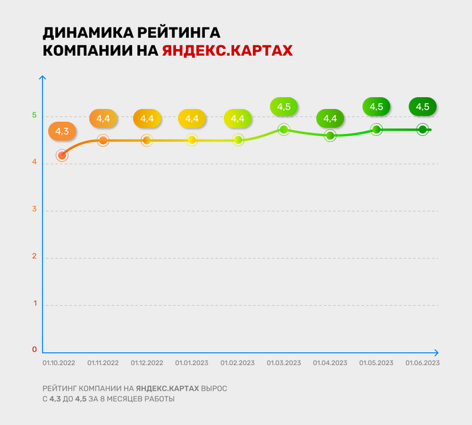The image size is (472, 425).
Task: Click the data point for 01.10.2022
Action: [62, 156]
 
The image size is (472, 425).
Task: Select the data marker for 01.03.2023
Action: [284, 129]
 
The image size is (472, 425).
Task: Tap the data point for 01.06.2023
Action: [422, 129]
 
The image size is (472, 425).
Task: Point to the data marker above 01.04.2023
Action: [330, 135]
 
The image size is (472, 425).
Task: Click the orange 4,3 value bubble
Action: [62, 131]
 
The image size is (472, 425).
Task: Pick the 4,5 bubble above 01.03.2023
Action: [284, 106]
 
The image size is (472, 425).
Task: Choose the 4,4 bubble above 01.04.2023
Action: [330, 119]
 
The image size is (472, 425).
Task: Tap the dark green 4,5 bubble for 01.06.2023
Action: [423, 106]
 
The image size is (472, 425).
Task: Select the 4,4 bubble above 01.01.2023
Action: [192, 119]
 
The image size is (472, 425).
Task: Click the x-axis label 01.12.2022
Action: [147, 363]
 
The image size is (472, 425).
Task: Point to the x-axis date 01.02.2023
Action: [238, 363]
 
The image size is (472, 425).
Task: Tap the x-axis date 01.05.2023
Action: [376, 363]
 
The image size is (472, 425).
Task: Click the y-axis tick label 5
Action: [34, 115]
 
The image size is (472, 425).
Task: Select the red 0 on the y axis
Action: [34, 350]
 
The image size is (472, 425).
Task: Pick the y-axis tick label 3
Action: [34, 210]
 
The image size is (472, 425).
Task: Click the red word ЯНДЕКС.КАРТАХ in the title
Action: [227, 51]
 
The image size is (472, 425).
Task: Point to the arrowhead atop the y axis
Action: [42, 78]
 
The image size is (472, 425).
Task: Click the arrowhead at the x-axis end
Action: [436, 352]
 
